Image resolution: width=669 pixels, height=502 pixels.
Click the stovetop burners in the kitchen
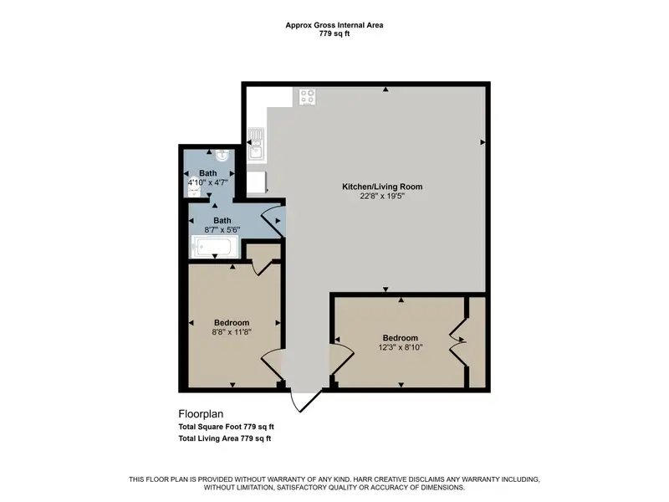(x=307, y=97)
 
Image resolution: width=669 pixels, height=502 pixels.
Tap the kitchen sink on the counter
(x=257, y=143)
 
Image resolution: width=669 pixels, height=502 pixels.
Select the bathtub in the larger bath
(x=216, y=247)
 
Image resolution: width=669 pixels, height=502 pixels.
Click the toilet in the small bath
(x=194, y=192)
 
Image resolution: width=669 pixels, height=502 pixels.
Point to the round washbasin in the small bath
(x=222, y=156)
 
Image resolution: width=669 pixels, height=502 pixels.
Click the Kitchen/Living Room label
(x=382, y=187)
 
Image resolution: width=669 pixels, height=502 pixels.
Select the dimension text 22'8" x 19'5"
(x=382, y=197)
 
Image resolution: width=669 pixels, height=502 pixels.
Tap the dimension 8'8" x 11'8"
(x=232, y=331)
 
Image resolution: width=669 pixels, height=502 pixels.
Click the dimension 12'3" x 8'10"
(x=401, y=347)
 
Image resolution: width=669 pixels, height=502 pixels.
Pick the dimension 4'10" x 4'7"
(x=207, y=182)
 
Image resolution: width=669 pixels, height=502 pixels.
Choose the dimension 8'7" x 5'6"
(x=222, y=229)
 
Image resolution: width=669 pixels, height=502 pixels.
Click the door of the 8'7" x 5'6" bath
(x=273, y=221)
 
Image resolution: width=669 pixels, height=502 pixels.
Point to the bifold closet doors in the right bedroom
(x=457, y=341)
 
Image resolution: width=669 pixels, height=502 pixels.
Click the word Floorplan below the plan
(x=201, y=414)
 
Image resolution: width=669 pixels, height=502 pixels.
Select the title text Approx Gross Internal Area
(x=334, y=25)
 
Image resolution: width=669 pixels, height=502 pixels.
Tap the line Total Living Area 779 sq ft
(x=225, y=438)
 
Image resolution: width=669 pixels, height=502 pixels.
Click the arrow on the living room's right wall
(x=483, y=142)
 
